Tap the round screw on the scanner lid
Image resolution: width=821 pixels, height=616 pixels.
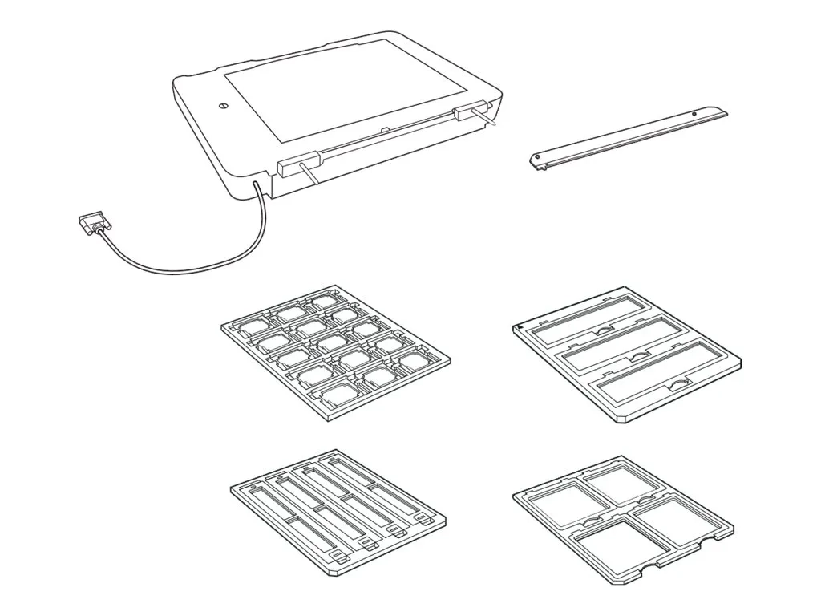coord(224,106)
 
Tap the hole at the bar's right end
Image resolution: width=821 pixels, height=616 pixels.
coord(694,114)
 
